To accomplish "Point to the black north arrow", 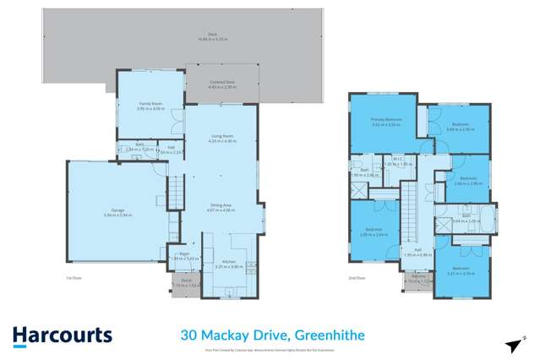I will pos(512,345).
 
